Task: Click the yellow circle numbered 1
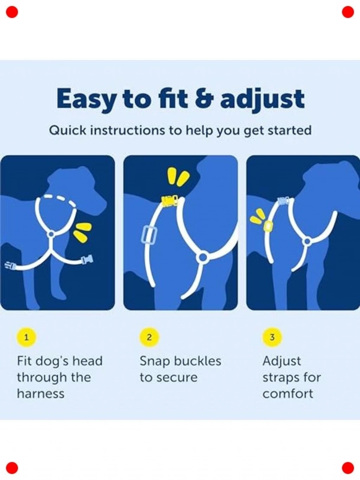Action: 26,337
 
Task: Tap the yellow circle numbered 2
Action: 149,337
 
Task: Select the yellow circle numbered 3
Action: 272,337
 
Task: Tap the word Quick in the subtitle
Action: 67,130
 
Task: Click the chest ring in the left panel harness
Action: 51,235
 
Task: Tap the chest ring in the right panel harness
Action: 307,241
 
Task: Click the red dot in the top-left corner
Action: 12,12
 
